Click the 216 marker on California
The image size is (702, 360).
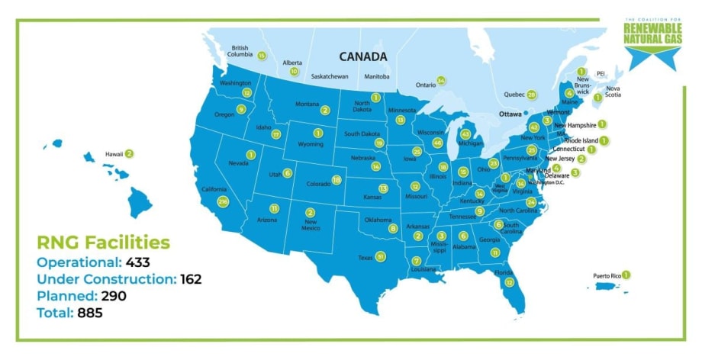tap(223, 201)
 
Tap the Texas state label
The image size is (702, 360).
tap(365, 258)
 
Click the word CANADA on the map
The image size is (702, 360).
tap(363, 56)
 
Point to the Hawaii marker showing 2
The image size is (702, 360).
tap(129, 153)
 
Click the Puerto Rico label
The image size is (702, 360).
tap(607, 275)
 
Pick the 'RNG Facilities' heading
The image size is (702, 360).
tap(104, 243)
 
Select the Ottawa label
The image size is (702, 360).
tap(510, 114)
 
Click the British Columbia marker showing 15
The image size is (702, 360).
tap(262, 56)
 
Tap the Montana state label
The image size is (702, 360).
tap(307, 104)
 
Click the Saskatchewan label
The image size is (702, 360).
tap(330, 77)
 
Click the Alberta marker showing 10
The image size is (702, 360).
tap(294, 71)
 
